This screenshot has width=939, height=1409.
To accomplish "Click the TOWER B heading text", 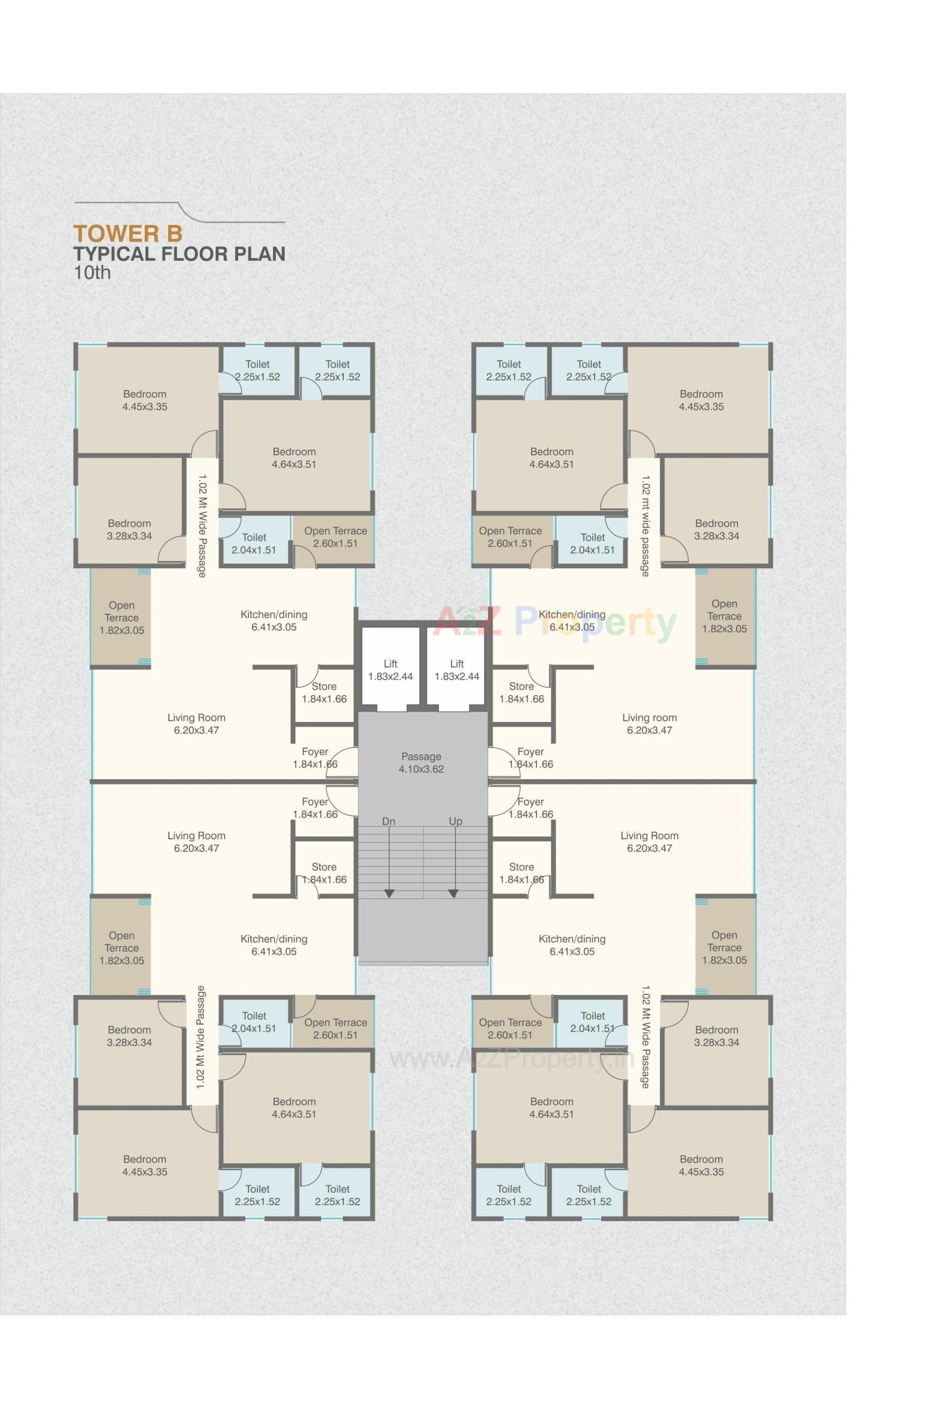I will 128,234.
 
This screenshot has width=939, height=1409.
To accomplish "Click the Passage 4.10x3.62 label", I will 421,762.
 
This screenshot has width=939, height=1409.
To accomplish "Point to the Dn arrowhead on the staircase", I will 389,894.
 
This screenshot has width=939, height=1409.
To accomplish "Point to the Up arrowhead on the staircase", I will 453,894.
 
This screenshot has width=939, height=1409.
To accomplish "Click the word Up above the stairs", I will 455,822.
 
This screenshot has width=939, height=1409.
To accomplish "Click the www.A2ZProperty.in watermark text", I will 512,1059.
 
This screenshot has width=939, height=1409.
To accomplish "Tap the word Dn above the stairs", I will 389,822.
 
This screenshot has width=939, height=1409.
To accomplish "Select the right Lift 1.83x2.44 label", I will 456,670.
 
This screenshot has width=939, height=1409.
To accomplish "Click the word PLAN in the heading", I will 259,254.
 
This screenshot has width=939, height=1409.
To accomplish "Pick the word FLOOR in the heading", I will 194,254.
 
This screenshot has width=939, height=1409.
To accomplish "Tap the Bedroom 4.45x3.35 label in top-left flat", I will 144,400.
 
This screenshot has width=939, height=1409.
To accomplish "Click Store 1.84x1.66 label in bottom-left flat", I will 324,873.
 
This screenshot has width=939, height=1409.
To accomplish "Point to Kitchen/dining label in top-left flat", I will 274,620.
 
